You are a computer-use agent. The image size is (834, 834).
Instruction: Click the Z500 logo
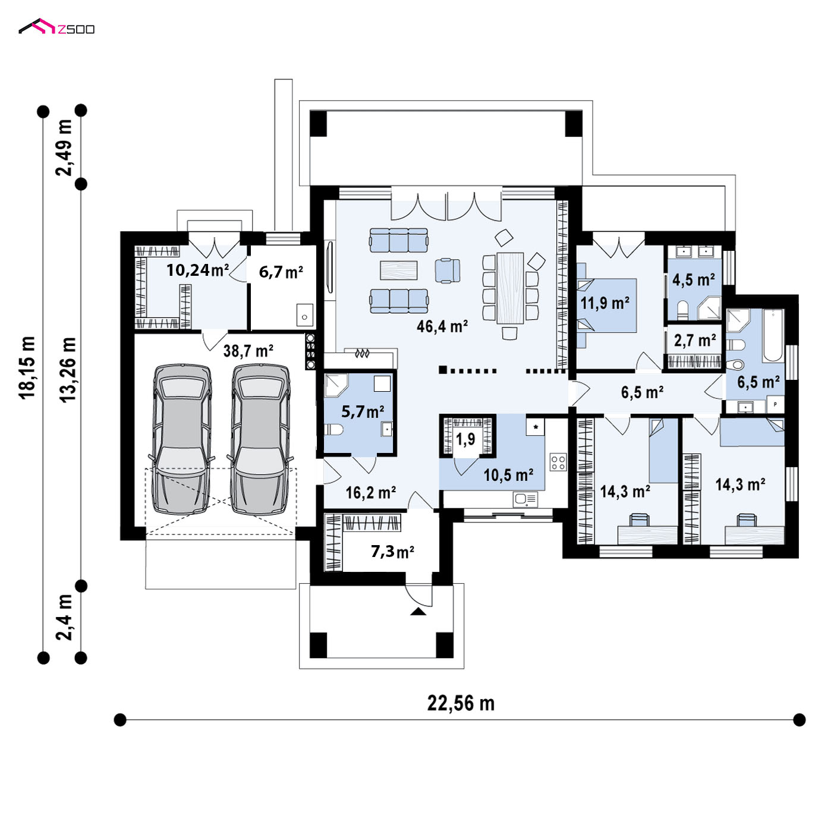coord(56,27)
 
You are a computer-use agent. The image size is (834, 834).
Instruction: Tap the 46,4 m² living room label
coord(442,326)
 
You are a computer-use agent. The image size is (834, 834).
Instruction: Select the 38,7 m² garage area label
coord(248,351)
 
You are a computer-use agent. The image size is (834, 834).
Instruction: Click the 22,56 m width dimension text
coord(461,703)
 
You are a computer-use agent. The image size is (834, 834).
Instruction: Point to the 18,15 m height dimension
coord(27,367)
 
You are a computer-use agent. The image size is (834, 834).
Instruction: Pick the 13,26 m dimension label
coord(68,370)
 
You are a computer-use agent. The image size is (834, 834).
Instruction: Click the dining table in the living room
coord(510,288)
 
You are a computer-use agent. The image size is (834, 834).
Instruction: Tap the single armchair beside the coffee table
coord(448,270)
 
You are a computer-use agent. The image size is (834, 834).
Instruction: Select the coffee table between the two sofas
coord(399,270)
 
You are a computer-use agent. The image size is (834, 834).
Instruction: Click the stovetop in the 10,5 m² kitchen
coord(558,461)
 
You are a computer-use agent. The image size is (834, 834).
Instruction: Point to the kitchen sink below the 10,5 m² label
coord(525,499)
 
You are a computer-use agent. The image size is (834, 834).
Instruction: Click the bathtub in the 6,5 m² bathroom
coord(773,335)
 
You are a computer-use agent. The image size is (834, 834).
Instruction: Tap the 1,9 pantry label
coord(465,439)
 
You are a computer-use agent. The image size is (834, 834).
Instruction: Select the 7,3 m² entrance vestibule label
coord(392,552)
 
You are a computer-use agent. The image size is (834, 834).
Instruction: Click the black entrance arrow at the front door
coord(417,611)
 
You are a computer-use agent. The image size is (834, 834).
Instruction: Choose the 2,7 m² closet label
coord(695,341)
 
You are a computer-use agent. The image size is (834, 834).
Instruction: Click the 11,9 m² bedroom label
coord(605,303)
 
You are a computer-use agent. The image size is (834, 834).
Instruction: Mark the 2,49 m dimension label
coord(64,147)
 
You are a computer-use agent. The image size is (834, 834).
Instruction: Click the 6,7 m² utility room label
coord(281,272)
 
